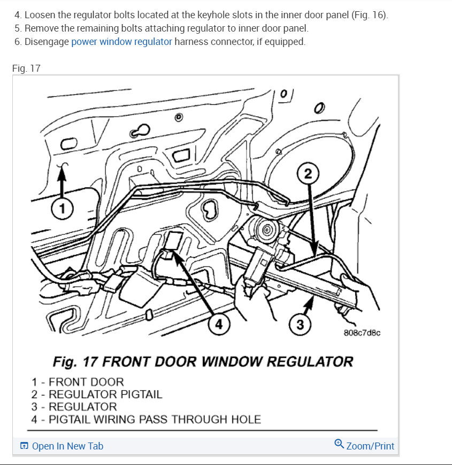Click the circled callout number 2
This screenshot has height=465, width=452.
click(x=308, y=174)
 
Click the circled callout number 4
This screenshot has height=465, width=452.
click(x=219, y=324)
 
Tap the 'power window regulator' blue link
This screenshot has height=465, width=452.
click(x=121, y=42)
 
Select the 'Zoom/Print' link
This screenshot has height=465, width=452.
click(x=370, y=446)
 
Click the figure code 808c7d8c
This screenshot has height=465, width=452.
click(x=362, y=332)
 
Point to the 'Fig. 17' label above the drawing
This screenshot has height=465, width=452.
click(x=26, y=68)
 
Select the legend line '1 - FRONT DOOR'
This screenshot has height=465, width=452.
click(x=78, y=382)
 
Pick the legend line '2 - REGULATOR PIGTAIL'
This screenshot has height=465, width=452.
click(x=96, y=394)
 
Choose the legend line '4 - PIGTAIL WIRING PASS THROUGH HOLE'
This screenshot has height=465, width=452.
click(x=146, y=419)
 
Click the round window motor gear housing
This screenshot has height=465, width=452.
click(x=266, y=230)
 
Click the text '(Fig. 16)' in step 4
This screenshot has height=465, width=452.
click(x=370, y=15)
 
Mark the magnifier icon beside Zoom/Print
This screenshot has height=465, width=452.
click(x=339, y=445)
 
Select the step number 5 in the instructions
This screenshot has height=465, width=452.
click(x=17, y=28)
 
